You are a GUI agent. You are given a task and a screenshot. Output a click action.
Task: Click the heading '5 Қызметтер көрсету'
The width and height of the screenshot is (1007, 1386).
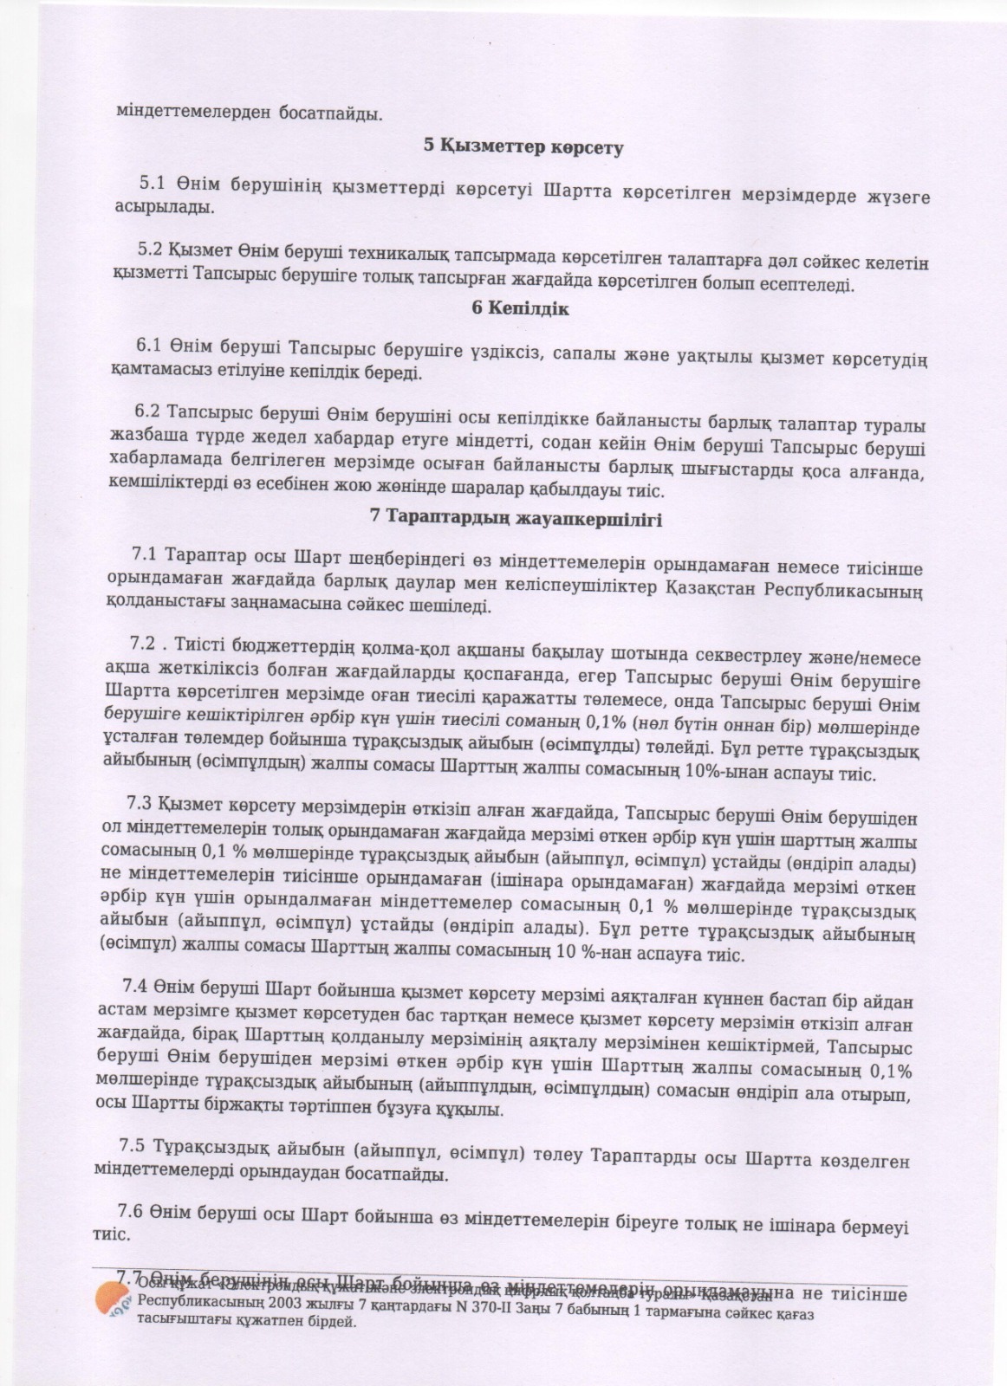point(523,146)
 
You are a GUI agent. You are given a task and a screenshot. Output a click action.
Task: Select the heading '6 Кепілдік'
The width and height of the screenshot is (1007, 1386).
point(521,308)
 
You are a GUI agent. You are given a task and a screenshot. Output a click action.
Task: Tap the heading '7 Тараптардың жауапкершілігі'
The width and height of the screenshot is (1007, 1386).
point(516,519)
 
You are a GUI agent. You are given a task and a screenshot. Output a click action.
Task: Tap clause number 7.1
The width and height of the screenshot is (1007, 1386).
point(144,554)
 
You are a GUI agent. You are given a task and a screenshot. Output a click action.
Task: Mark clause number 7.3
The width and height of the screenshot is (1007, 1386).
point(140,802)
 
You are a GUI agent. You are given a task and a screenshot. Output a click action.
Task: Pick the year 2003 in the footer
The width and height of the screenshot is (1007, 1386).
point(267,1303)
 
